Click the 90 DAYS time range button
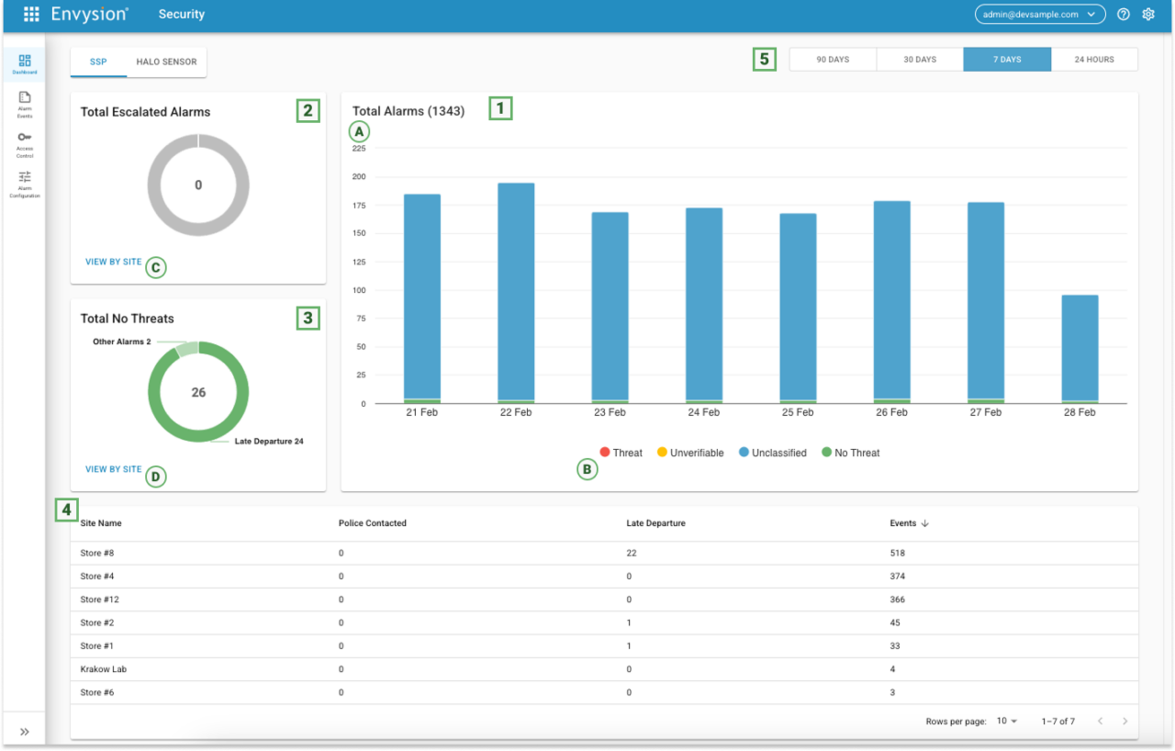[833, 60]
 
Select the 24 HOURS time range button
[1094, 60]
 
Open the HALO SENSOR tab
[166, 62]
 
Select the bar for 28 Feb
[1080, 349]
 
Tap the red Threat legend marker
[605, 453]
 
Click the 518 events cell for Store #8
[897, 554]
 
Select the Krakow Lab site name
[103, 669]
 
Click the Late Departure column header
[655, 523]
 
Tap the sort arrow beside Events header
[924, 523]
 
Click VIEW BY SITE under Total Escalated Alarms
[114, 262]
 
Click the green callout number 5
[764, 60]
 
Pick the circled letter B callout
[587, 470]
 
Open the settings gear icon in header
[1147, 14]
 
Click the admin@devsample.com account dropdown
[1039, 14]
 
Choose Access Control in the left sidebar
[25, 143]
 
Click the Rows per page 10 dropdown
[1007, 722]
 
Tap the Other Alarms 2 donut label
[122, 342]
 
